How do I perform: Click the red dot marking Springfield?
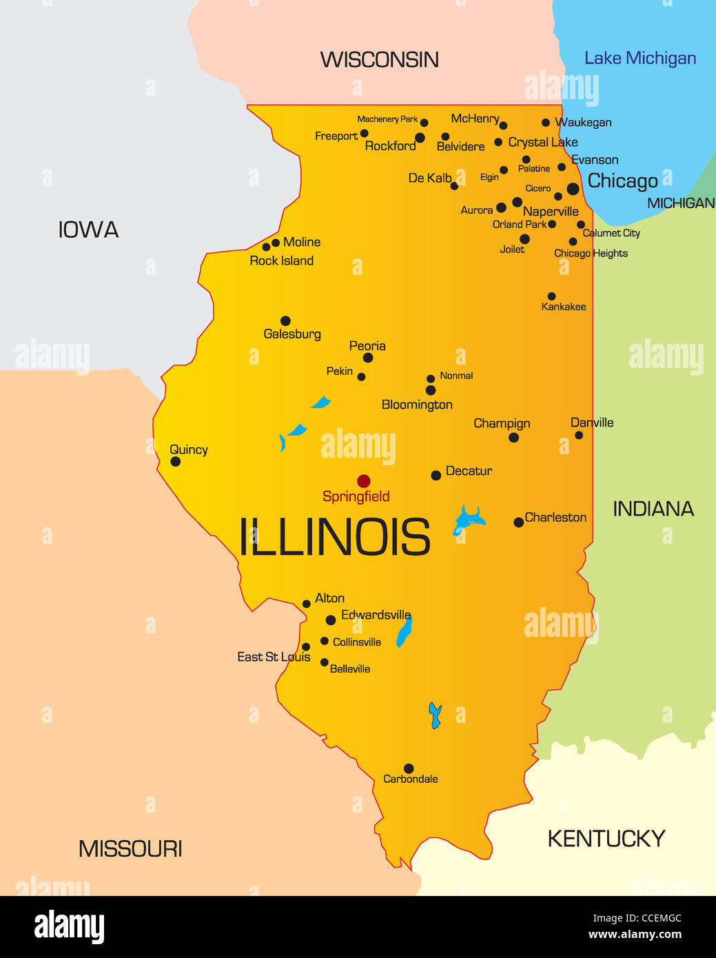pos(363,481)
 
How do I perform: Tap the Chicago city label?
pos(622,181)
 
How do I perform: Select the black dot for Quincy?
pos(176,462)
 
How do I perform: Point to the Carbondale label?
pos(410,779)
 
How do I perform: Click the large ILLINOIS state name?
pos(334,538)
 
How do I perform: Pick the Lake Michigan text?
pos(640,59)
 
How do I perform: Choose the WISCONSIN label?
pos(379,60)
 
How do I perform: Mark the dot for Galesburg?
pos(285,320)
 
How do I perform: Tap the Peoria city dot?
pos(368,358)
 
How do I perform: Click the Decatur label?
pos(469,471)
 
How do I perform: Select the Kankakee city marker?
pos(551,296)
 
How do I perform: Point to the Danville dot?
pos(579,435)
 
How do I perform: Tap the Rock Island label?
pos(281,261)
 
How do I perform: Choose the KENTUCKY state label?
pos(606,839)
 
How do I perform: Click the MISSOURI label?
pos(130,848)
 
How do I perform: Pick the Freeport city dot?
pos(364,134)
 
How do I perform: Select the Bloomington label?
pos(417,405)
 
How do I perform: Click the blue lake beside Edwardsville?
pos(405,632)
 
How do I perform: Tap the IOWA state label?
pos(88,230)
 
